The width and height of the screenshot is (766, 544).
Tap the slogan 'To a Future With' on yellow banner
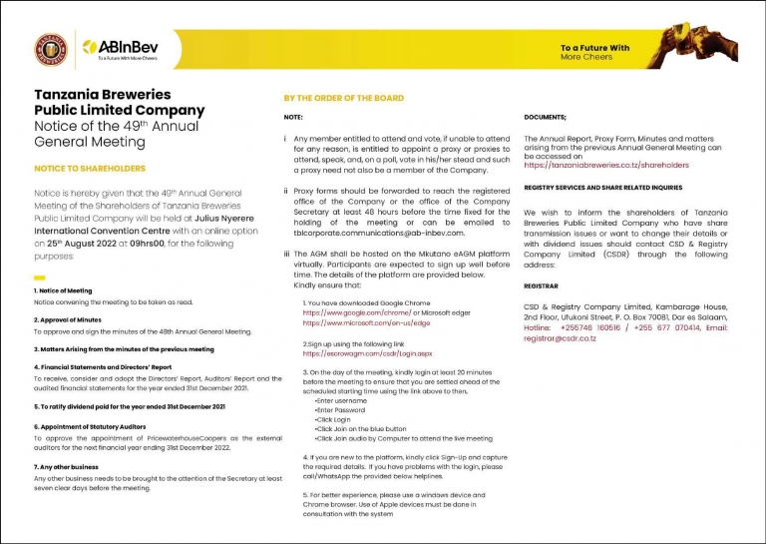coord(594,48)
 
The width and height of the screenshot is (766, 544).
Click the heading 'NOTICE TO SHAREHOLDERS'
coord(90,169)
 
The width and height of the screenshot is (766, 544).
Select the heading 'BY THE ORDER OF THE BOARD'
coord(343,98)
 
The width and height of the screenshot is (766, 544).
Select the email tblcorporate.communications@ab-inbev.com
coord(379,233)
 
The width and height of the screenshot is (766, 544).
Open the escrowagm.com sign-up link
coord(366,353)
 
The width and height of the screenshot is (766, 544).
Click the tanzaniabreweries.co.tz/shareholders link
coord(605,165)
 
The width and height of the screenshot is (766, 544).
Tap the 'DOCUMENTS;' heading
coord(545,118)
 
